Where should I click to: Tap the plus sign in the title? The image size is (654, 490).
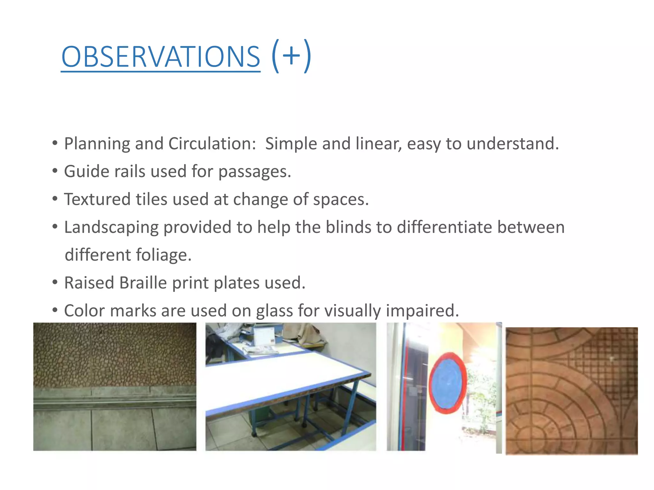tap(291, 56)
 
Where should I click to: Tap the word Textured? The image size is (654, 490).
tap(97, 199)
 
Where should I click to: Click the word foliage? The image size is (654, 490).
tap(163, 255)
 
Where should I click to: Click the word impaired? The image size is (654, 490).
tap(422, 311)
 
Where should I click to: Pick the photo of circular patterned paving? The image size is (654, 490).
tap(572, 391)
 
